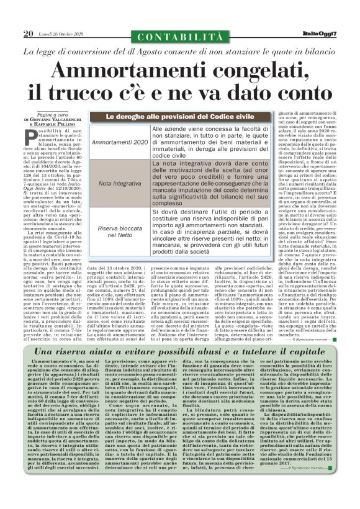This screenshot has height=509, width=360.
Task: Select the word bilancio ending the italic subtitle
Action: [318, 50]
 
